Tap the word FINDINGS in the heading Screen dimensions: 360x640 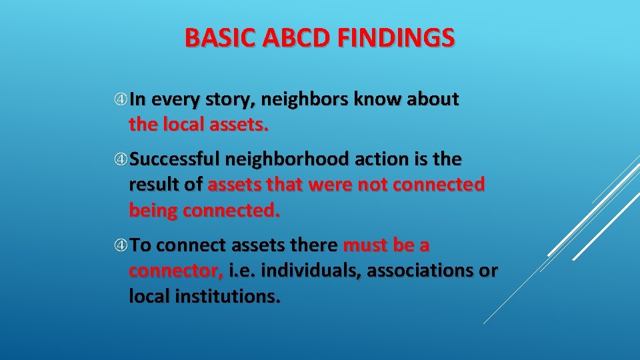coord(396,38)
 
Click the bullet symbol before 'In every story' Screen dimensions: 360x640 coord(121,100)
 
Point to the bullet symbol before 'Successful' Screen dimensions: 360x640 coord(121,160)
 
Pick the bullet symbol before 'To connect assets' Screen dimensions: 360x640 coord(121,246)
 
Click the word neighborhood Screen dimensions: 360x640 coord(287,160)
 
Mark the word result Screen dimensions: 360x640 coord(152,185)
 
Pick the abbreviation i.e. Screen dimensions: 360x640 coord(243,271)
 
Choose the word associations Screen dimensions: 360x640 coord(415,271)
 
